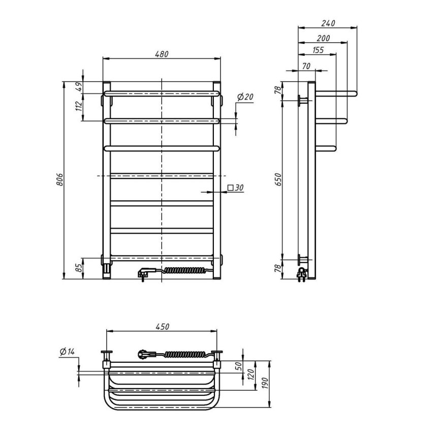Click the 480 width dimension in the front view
(162, 54)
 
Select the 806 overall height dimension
(59, 180)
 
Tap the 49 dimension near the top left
(79, 87)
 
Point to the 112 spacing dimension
(79, 106)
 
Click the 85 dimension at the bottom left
(79, 268)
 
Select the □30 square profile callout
(236, 188)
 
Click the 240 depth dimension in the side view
(328, 23)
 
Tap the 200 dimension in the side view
(323, 38)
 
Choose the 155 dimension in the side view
(318, 50)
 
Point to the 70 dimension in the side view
(306, 66)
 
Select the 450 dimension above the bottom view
(162, 326)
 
